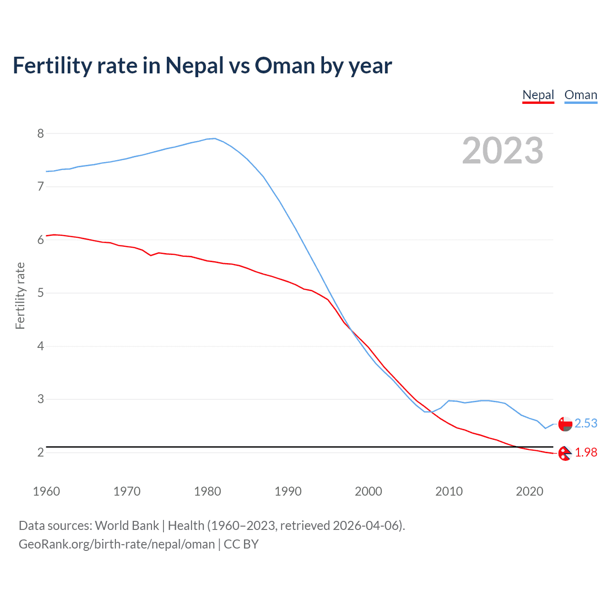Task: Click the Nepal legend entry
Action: coord(538,95)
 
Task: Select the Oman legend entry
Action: coord(580,95)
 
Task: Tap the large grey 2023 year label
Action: coord(502,151)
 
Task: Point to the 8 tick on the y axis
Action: coord(41,133)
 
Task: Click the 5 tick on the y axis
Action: coord(41,293)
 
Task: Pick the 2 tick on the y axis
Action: coord(41,452)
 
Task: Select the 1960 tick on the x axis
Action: coord(46,491)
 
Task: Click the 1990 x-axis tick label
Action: coord(288,491)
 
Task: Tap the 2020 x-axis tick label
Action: coord(529,491)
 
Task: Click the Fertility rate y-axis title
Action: coord(20,295)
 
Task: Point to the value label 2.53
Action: coord(586,423)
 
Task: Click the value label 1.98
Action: coord(586,452)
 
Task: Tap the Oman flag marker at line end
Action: coord(565,424)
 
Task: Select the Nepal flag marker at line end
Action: coord(565,453)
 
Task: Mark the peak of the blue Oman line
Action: coord(215,138)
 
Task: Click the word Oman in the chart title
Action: coord(285,65)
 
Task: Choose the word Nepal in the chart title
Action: coord(194,65)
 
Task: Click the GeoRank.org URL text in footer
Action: coord(117,544)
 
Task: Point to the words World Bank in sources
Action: coord(127,525)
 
